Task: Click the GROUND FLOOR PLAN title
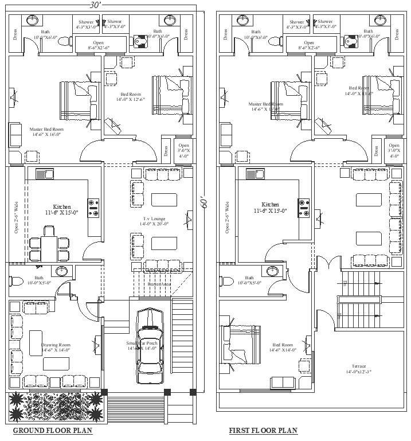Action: click(x=52, y=431)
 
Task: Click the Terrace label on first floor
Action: click(x=359, y=369)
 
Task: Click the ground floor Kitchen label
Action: click(x=62, y=209)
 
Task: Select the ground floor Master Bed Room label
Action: click(x=46, y=132)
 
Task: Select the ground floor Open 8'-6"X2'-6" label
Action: click(x=99, y=45)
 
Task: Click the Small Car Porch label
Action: click(x=142, y=345)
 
